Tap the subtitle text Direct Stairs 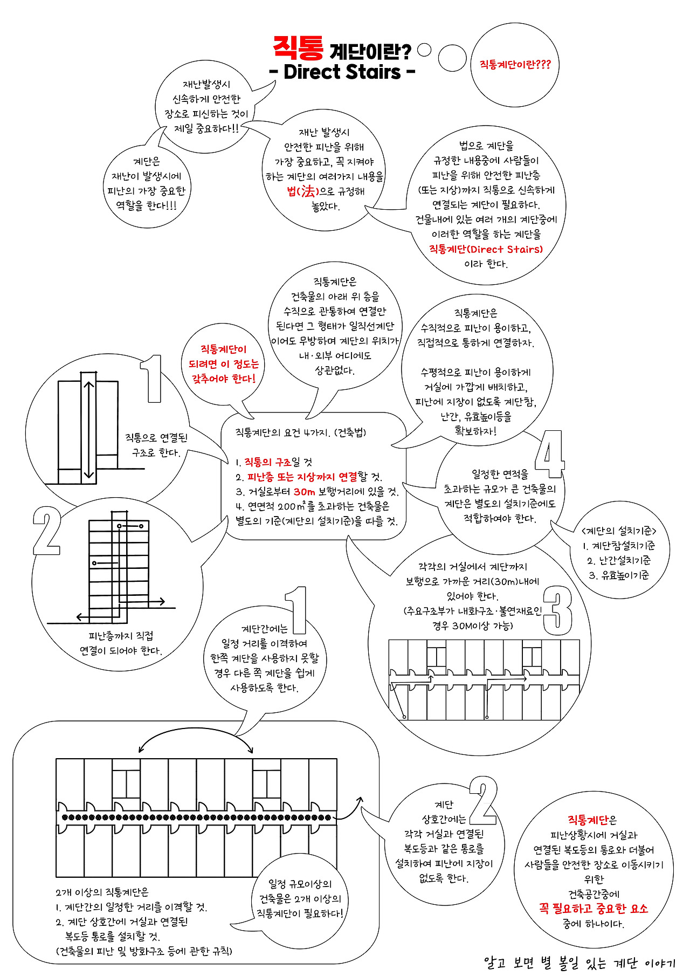point(342,72)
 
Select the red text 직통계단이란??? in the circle point(515,65)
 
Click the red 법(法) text point(301,191)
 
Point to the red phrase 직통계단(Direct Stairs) point(486,249)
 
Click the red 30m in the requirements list point(305,492)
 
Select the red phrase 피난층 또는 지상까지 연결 point(302,477)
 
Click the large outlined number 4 point(549,454)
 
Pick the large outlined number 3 point(557,610)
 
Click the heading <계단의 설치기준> point(619,531)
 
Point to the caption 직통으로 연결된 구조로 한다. point(156,445)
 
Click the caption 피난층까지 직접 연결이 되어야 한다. point(121,643)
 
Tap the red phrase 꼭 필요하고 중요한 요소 point(594,909)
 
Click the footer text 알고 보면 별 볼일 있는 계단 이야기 point(579,963)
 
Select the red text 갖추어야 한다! point(224,379)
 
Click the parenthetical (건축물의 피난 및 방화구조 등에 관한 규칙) point(144,951)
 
